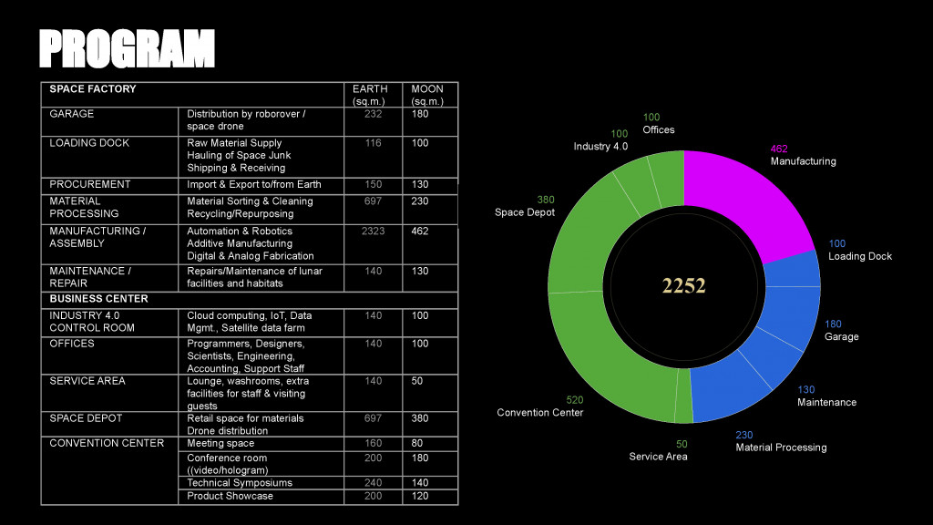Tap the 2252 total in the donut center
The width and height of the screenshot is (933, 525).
click(x=683, y=285)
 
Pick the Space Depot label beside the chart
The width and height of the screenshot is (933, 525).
click(x=524, y=212)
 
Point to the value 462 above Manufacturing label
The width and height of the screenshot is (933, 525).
click(x=779, y=149)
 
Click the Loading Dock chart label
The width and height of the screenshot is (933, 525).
click(x=859, y=256)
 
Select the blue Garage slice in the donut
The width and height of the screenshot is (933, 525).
click(x=789, y=319)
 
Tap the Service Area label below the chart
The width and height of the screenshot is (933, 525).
click(x=658, y=456)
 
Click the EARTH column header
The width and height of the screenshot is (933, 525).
click(x=370, y=89)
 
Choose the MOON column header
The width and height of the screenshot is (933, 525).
click(x=427, y=89)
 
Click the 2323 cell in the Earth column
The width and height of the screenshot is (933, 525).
click(x=373, y=232)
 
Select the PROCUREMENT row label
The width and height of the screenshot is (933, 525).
click(x=90, y=184)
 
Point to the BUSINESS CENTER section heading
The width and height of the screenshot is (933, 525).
click(x=98, y=299)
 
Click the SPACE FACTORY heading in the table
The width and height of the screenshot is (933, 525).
click(x=93, y=89)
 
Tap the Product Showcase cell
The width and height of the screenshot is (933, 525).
click(x=230, y=496)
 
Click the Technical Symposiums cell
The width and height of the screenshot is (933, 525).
click(x=240, y=483)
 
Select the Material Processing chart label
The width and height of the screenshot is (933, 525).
click(x=781, y=448)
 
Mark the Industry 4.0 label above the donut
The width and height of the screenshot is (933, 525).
click(x=600, y=147)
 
